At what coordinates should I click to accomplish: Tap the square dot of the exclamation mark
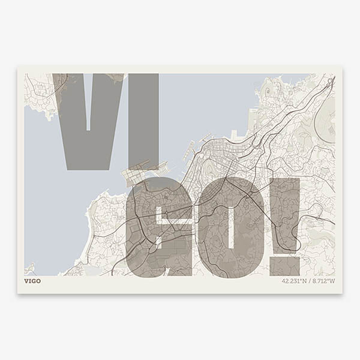coord(284,265)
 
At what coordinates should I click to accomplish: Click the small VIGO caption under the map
coord(32,281)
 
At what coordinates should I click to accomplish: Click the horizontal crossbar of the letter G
coord(174,223)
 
